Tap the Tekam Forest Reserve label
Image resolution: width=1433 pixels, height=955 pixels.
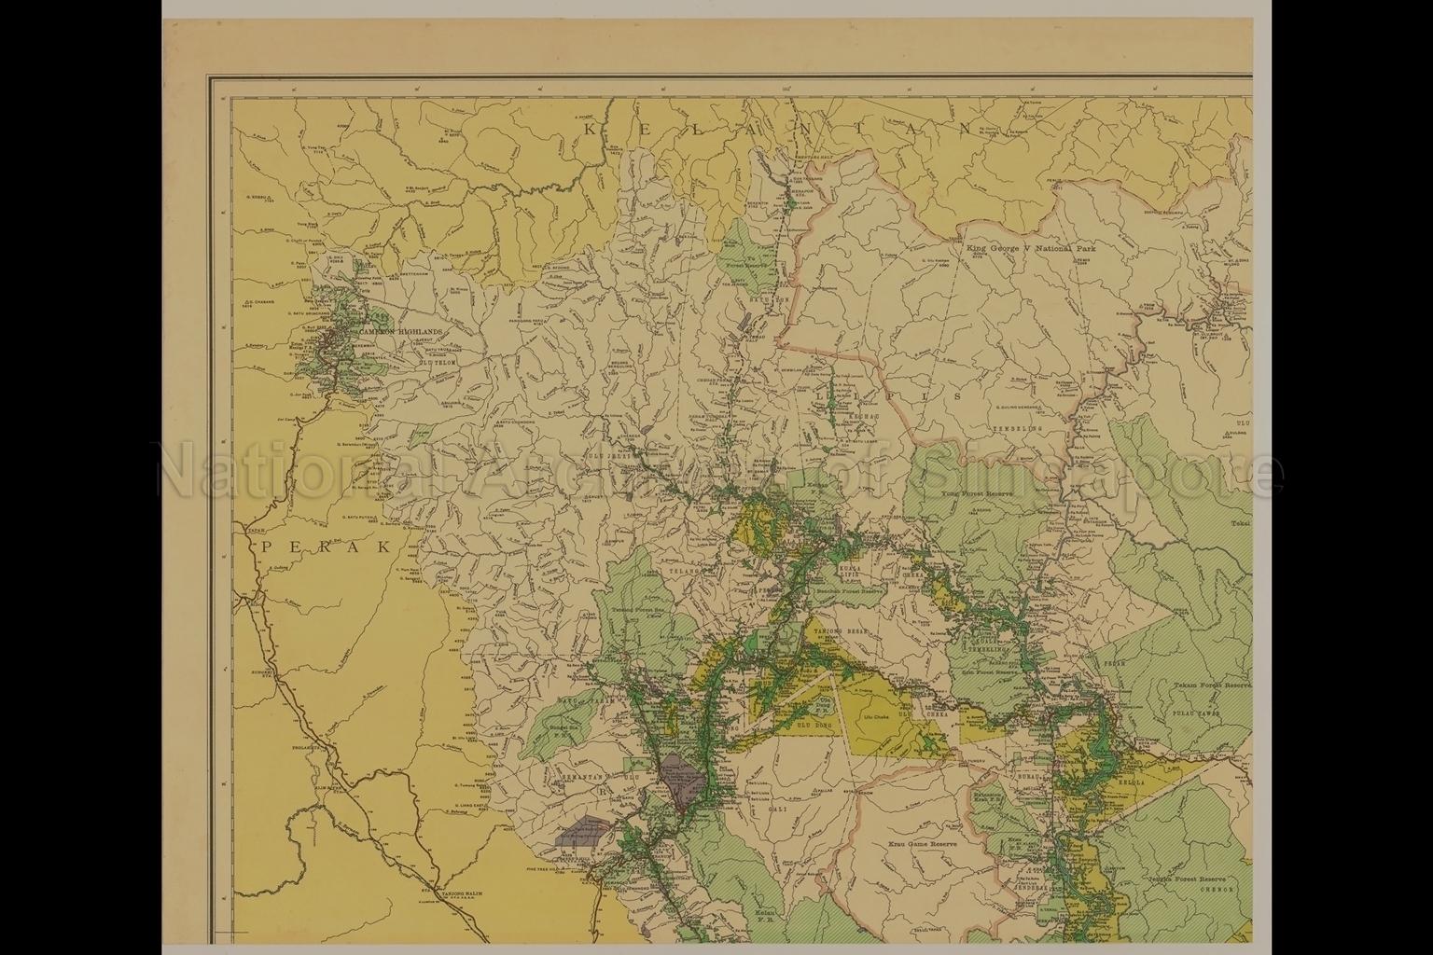click(1210, 685)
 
